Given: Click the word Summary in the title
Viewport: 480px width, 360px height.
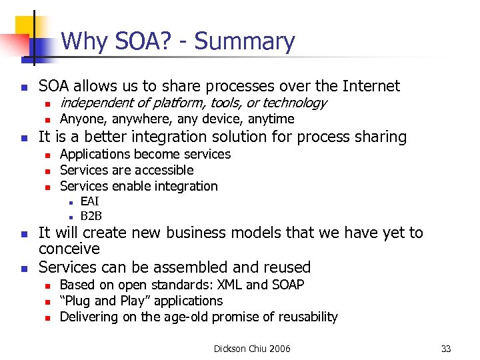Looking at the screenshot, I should pos(245,42).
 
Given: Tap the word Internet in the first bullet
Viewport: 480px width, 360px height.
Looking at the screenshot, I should pos(371,86).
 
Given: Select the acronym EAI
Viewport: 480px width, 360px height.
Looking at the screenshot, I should pos(90,202).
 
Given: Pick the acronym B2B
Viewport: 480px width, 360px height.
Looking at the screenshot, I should pos(91,216).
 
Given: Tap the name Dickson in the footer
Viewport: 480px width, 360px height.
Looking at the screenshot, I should pos(231,349).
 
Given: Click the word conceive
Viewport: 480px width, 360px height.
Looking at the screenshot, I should pos(69,249).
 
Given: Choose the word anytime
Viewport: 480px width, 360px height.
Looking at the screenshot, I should pos(271,119).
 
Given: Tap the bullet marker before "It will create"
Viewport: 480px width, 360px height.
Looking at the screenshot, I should pos(23,234).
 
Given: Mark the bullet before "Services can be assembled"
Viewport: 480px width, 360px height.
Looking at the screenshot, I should pos(23,269).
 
